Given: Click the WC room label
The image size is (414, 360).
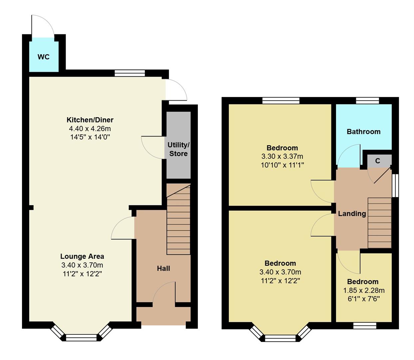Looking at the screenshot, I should (x=44, y=57).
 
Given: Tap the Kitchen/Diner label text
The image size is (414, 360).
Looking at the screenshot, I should (x=90, y=120).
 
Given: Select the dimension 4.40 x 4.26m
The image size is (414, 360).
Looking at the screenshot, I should (x=90, y=129).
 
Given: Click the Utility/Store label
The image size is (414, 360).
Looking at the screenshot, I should (x=178, y=149).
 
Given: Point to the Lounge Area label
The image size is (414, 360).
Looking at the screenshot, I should (x=82, y=256).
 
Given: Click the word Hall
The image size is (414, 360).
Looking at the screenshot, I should (x=163, y=268).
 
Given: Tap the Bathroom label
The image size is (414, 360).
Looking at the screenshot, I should (x=363, y=132).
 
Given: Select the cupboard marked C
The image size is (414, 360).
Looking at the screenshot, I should (x=377, y=161).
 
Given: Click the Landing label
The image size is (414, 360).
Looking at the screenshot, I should (x=352, y=214).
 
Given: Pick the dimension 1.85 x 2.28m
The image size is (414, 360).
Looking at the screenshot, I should (x=364, y=290).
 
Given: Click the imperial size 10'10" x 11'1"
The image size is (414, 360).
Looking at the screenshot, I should (x=282, y=165).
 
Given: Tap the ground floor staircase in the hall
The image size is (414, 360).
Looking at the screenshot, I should (x=179, y=220).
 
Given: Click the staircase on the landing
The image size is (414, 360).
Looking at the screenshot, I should (x=379, y=223).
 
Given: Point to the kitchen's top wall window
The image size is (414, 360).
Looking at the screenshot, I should (x=130, y=73).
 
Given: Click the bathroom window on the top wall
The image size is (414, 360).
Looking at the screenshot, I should (x=367, y=100).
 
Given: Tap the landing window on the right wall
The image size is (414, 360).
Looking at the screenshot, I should (x=395, y=185).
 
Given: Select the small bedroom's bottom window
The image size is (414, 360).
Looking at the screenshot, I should (x=365, y=325).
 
